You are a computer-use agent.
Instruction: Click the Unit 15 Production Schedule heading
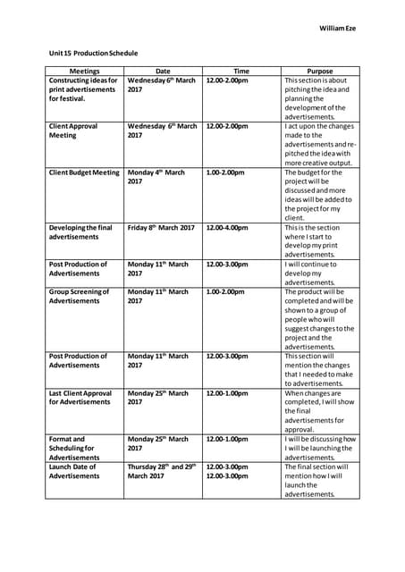pyautogui.click(x=93, y=54)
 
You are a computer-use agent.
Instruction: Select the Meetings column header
pyautogui.click(x=85, y=71)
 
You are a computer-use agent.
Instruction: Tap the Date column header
pyautogui.click(x=163, y=71)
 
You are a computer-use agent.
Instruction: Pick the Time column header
pyautogui.click(x=241, y=71)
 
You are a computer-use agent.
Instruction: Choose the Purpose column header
pyautogui.click(x=319, y=71)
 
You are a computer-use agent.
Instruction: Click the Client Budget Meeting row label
pyautogui.click(x=83, y=172)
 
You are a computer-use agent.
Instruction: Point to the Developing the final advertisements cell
pyautogui.click(x=80, y=232)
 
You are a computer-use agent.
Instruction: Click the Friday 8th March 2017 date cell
pyautogui.click(x=161, y=228)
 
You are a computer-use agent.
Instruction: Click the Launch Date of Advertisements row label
pyautogui.click(x=74, y=471)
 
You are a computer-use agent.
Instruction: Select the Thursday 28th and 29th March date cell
pyautogui.click(x=162, y=471)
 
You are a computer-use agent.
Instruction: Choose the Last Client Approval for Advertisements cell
pyautogui.click(x=80, y=398)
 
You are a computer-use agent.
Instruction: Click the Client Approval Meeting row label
pyautogui.click(x=75, y=131)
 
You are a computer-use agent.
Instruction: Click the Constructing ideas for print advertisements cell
pyautogui.click(x=83, y=89)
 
